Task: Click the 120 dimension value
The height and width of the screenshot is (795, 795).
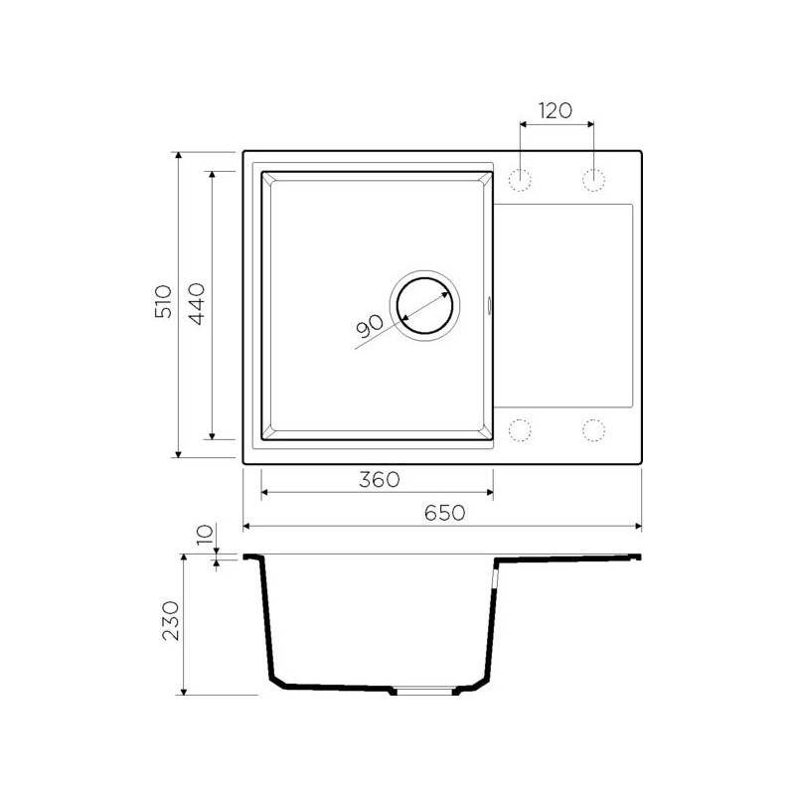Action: click(556, 110)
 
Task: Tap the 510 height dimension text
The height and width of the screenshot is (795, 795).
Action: click(163, 301)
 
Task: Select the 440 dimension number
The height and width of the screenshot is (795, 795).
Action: click(196, 304)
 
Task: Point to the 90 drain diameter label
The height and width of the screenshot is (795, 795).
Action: click(370, 327)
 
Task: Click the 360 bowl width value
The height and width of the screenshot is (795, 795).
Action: click(380, 479)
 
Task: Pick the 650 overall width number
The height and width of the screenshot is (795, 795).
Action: click(444, 513)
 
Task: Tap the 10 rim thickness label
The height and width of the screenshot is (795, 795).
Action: click(205, 535)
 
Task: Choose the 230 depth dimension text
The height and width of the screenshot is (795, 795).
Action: click(171, 621)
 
